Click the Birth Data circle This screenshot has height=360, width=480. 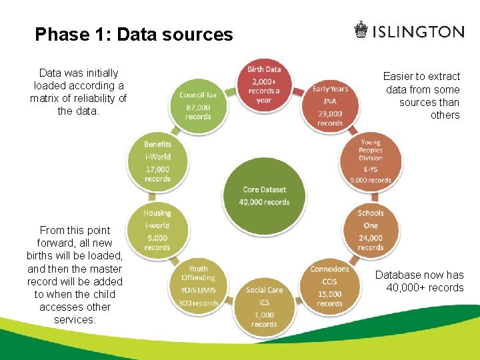264,85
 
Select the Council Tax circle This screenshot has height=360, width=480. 198,105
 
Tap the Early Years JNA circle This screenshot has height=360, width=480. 330,105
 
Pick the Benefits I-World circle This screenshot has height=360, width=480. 157,161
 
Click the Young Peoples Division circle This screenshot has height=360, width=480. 371,161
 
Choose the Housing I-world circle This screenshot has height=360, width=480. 157,230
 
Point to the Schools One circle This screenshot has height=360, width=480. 371,230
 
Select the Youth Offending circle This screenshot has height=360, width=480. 198,286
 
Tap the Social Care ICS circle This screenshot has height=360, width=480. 264,306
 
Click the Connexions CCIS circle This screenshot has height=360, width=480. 329,286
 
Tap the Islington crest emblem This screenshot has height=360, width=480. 361,31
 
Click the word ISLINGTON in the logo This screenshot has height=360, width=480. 418,31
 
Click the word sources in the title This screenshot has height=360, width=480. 200,34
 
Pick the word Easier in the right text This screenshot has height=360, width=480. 398,77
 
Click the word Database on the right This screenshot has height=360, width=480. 399,275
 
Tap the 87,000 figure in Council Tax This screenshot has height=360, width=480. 198,107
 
